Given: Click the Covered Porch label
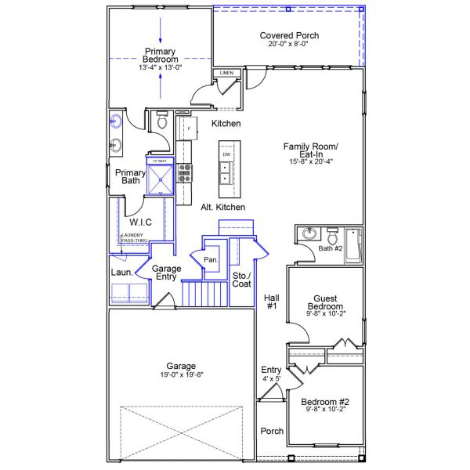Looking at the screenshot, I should click(x=289, y=36).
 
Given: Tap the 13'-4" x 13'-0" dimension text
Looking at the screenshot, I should click(x=160, y=68).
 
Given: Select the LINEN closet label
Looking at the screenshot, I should click(x=226, y=73).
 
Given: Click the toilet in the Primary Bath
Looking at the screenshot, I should click(x=162, y=121).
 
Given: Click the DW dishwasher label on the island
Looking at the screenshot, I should click(x=226, y=155).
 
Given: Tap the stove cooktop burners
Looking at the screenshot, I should click(x=186, y=172).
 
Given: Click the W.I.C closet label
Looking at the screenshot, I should click(x=140, y=222).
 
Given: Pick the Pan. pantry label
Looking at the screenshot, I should click(x=210, y=259).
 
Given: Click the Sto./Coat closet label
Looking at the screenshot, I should click(x=241, y=279).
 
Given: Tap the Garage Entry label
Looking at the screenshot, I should click(x=166, y=273).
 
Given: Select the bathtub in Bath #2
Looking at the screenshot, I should click(x=354, y=244).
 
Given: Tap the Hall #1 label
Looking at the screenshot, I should click(x=272, y=302).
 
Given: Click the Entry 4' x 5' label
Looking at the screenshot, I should click(x=271, y=374).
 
